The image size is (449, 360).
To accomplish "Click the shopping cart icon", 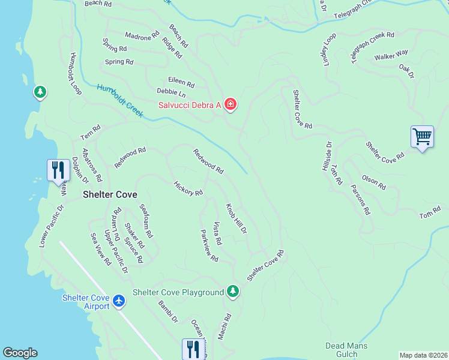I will coord(422,137).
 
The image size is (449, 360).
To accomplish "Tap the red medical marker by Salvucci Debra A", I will coord(231,105).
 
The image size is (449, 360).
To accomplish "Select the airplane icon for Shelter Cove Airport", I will coord(119,299).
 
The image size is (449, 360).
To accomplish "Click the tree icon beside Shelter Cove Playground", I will coord(233,292).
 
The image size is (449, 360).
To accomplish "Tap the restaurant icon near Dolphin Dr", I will coord(58,170).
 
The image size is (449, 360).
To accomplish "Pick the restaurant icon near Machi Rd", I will coord(192,349).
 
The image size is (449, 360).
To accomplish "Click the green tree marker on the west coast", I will coord(40,92).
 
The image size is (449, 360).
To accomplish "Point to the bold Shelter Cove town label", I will coord(110,195).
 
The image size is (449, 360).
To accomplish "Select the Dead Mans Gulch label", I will coord(346,350).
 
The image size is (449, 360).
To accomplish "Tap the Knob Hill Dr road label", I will coord(236,219).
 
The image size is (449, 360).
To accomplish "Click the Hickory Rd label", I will coord(188,189).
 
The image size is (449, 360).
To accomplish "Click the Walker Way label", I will coord(391,56).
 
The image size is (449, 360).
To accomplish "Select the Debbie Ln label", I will coord(171,93).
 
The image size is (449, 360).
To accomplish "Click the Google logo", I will coord(20,353).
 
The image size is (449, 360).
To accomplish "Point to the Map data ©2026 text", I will coord(423,355).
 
